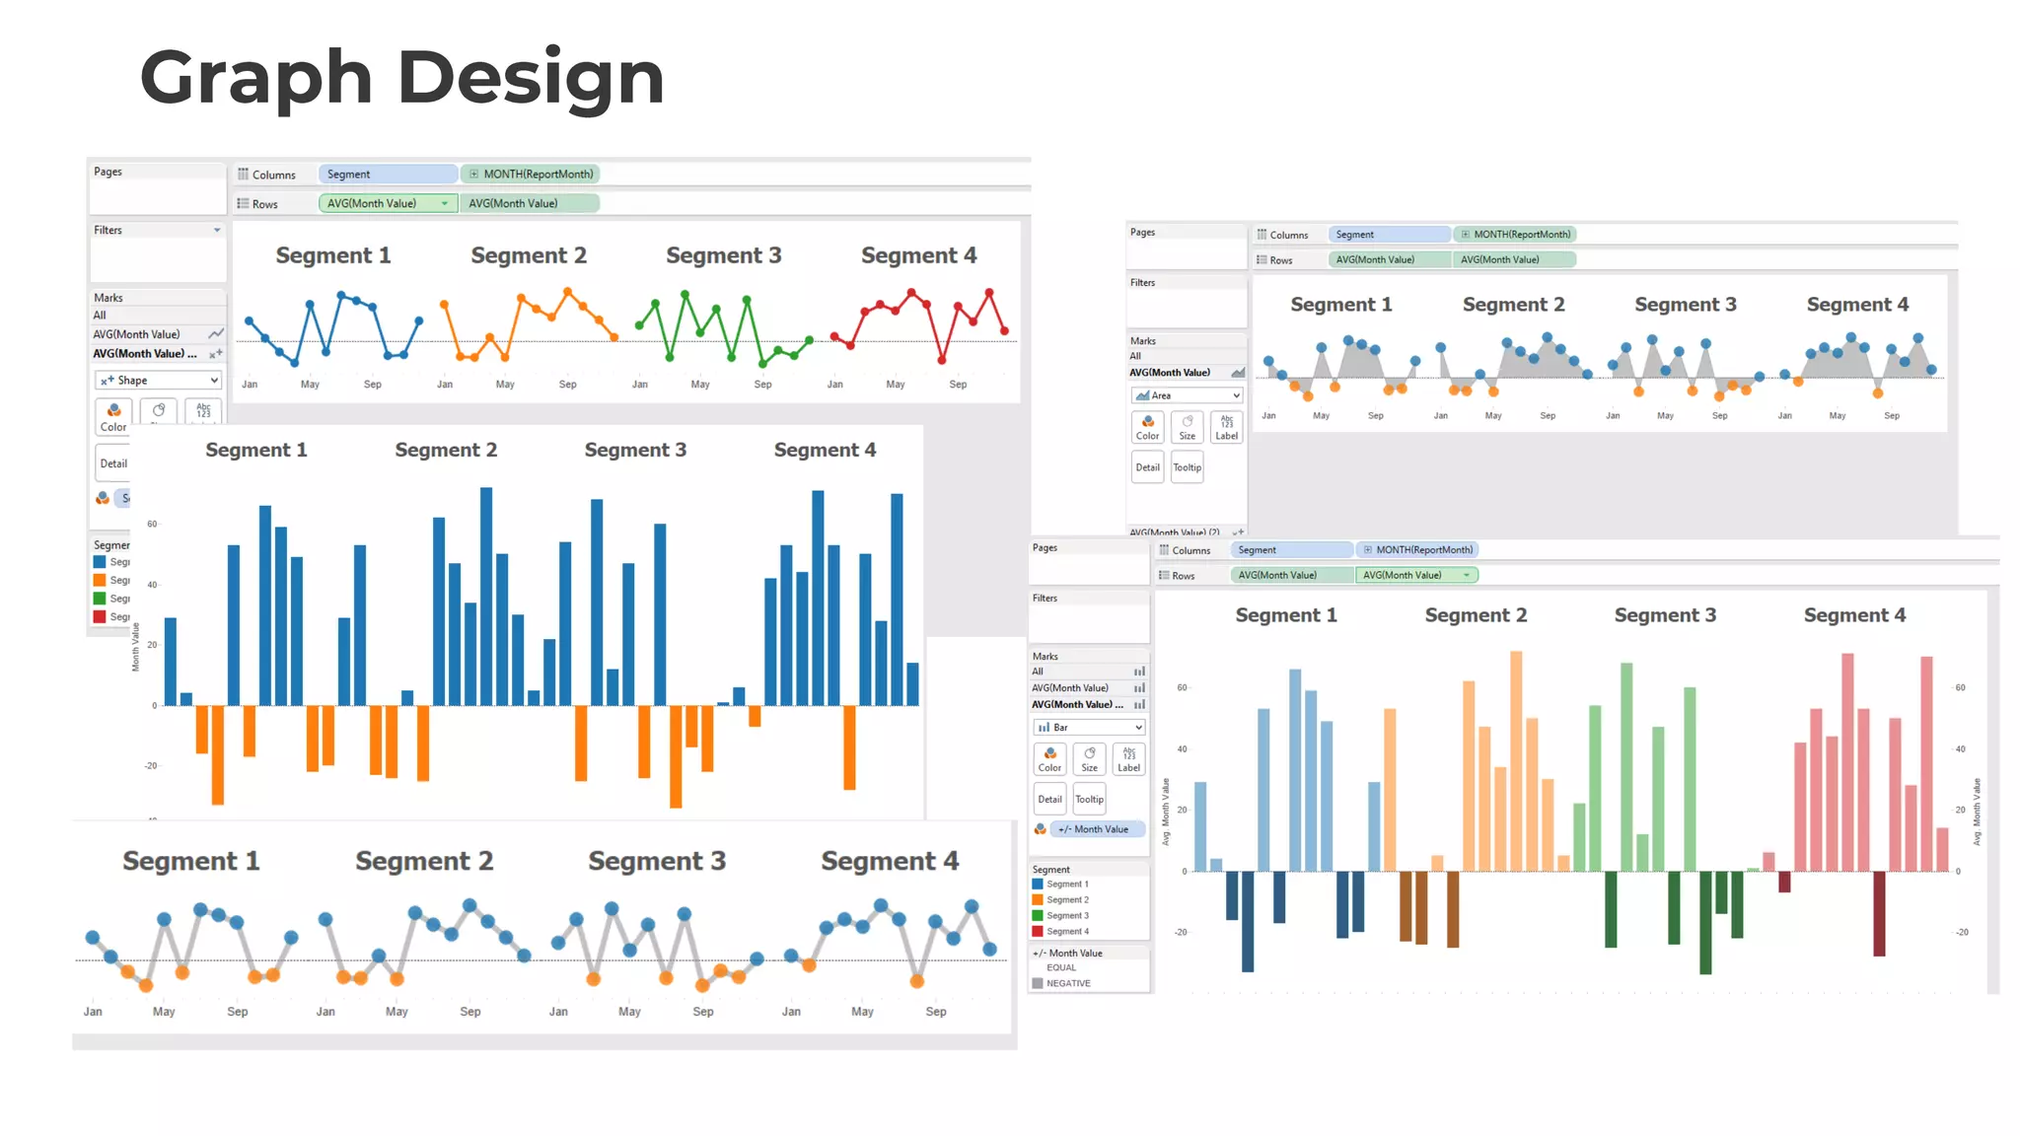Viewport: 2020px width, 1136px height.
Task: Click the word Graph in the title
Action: click(255, 78)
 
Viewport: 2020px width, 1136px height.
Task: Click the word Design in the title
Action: click(531, 78)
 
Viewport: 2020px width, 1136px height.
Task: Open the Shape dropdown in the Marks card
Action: click(159, 380)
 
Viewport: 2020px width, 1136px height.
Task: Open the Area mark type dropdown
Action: click(1187, 395)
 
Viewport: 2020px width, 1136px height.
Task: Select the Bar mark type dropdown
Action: click(1089, 727)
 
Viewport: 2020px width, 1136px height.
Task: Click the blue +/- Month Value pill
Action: click(1097, 829)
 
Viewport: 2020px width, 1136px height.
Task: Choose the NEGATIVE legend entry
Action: click(1067, 983)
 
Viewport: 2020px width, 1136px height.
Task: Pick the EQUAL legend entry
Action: click(1060, 967)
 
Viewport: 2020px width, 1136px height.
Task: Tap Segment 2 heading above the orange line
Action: click(529, 255)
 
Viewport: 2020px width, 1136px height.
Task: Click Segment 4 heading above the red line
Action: click(918, 255)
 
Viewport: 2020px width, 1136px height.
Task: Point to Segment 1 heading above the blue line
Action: click(333, 255)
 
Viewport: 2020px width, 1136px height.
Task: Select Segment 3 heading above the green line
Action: click(723, 255)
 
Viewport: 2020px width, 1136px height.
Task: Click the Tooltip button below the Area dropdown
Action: click(1187, 467)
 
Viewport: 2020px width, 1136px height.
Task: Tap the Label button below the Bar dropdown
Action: click(1128, 758)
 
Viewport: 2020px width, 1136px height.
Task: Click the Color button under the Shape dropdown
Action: click(113, 416)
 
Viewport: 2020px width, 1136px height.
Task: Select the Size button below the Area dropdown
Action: click(1187, 427)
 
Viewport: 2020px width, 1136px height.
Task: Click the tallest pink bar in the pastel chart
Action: click(1847, 761)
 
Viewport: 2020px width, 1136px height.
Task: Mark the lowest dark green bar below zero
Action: click(1705, 922)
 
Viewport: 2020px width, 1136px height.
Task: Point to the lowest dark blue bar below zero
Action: click(1248, 921)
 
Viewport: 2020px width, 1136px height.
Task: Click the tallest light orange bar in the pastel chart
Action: click(1516, 760)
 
